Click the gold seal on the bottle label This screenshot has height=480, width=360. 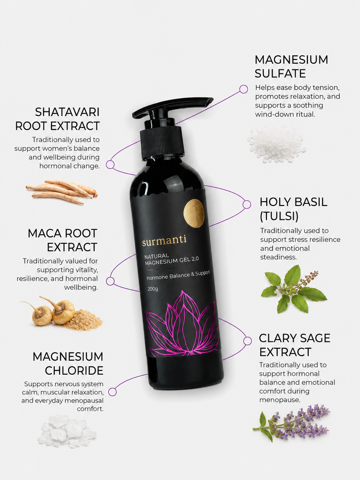tap(194, 213)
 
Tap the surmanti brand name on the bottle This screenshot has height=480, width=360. tap(164, 240)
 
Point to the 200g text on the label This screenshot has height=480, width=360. tap(153, 289)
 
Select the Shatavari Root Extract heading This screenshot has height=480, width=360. tap(57, 119)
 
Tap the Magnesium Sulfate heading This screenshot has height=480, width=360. tap(291, 66)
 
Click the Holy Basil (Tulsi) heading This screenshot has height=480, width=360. tap(293, 209)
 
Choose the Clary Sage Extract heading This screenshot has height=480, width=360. tap(294, 345)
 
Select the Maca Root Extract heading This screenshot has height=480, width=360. tap(63, 240)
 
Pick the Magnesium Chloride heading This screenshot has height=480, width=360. tap(68, 363)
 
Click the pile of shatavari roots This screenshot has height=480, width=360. tap(62, 192)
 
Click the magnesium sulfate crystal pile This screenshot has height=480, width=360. tap(277, 144)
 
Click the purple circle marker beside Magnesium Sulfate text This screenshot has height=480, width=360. tap(244, 89)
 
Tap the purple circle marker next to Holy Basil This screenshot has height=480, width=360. tap(247, 204)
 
